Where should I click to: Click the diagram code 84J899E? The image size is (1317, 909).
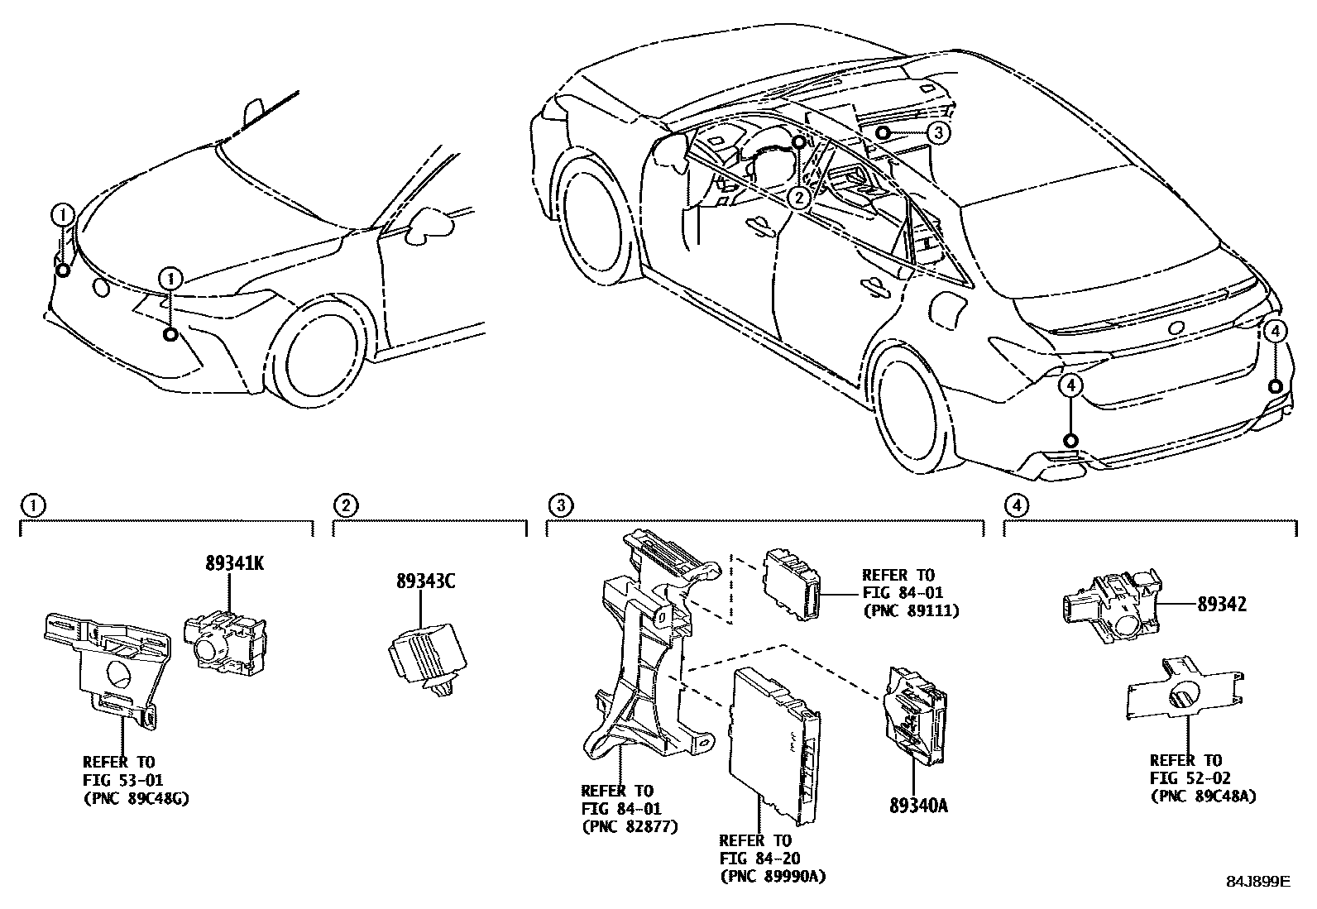[1257, 883]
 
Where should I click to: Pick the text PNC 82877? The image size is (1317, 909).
[630, 825]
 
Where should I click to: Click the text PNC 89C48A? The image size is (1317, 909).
[1203, 796]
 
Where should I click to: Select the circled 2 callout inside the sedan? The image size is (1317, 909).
[798, 197]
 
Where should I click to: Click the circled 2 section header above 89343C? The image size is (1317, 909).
[345, 505]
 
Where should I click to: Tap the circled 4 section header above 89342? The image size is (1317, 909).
[1015, 505]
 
